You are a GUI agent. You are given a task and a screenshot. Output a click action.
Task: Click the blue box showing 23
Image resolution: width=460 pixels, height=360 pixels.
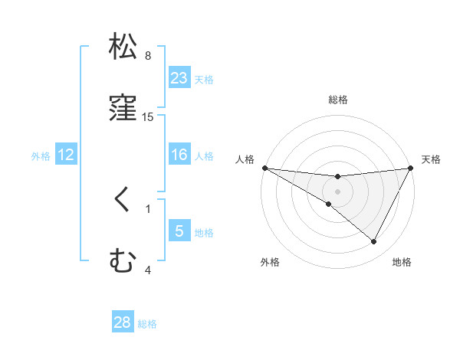coord(179,78)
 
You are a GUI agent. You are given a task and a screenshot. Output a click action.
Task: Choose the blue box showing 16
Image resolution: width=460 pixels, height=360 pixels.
coord(179,155)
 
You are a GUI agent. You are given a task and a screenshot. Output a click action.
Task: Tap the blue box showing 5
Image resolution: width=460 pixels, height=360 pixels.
coord(179,231)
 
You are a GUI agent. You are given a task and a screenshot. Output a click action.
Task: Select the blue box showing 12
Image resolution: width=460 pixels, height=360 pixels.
coord(66,155)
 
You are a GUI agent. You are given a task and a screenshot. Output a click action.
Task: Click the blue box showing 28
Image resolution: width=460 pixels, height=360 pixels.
coord(123,322)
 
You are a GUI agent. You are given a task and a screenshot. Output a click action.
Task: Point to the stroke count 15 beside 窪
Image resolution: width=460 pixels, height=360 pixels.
coord(148,117)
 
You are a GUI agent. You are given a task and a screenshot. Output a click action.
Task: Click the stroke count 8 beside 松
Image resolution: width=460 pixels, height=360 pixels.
coord(148,56)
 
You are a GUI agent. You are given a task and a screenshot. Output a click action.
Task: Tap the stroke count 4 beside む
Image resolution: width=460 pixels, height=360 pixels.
coord(148,270)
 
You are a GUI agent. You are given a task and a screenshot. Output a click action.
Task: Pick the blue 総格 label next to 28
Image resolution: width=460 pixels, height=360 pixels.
coord(148,324)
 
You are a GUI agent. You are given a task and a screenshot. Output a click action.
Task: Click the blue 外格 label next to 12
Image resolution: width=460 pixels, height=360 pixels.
coord(41,155)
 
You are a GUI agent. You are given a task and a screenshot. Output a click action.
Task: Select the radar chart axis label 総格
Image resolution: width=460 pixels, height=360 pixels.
coord(338,100)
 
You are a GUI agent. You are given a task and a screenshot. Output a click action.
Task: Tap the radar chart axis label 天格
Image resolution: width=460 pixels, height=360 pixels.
coord(432,159)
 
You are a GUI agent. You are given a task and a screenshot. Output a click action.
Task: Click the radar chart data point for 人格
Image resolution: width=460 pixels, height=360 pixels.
coord(264,167)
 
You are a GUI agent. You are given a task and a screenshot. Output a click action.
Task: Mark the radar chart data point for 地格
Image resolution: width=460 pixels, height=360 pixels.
coord(374,241)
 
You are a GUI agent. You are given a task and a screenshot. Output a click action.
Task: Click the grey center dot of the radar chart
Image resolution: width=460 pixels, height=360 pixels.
coord(338,191)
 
